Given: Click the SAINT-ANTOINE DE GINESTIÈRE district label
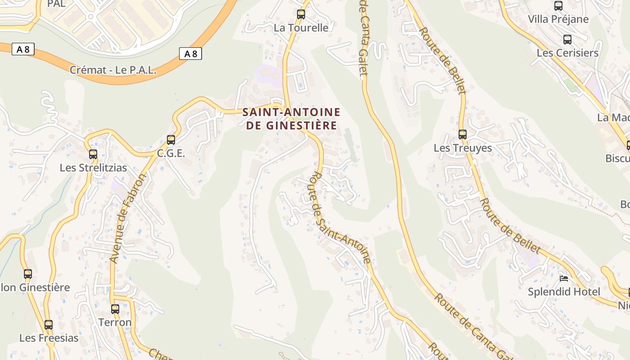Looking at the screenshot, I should tap(291, 119).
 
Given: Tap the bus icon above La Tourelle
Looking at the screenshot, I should tap(301, 14).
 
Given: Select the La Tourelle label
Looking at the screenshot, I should tap(301, 28).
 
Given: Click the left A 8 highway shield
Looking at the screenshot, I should tap(23, 49).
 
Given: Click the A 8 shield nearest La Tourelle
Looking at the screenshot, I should tap(190, 54).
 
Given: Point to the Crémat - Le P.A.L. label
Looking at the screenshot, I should tap(113, 70).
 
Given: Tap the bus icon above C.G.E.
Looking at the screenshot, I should tap(171, 140).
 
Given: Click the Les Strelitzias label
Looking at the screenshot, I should tap(93, 168).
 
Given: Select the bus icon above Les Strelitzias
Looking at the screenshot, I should tap(93, 154).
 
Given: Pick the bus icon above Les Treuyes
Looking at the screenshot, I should tap(463, 134).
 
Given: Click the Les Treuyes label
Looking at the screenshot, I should tap(463, 148).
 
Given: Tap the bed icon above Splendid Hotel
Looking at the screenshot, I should tap(563, 278).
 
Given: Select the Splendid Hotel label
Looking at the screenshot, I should tap(563, 292).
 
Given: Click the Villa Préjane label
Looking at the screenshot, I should tap(558, 19).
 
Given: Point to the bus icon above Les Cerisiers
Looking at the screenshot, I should tap(567, 40).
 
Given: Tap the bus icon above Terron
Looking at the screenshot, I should tap(115, 309).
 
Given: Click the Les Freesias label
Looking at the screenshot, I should tap(49, 338).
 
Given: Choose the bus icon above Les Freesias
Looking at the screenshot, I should tap(49, 324).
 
